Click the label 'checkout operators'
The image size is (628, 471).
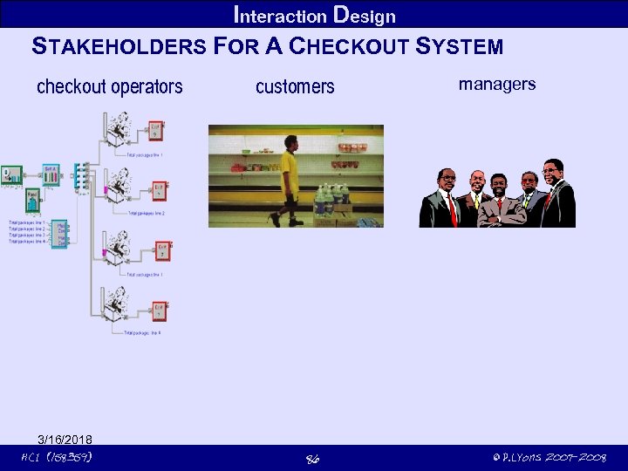pos(110,86)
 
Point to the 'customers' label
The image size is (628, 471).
pos(295,86)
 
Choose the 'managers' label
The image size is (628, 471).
pos(497,84)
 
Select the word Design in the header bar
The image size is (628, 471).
pos(365,16)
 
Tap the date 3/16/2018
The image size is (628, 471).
pos(65,439)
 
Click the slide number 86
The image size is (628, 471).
pos(312,458)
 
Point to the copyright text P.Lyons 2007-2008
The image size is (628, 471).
pos(549,457)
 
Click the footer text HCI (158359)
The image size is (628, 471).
pos(57,457)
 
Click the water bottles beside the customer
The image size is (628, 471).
pos(333,200)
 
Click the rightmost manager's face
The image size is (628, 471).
pos(553,171)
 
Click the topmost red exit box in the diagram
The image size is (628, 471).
pos(155,131)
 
